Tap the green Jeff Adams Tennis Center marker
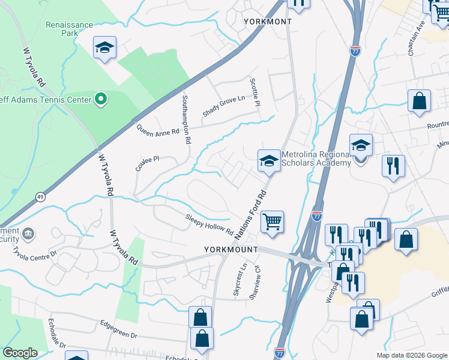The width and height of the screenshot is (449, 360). coord(101,99)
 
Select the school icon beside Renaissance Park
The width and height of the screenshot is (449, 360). coord(104,49)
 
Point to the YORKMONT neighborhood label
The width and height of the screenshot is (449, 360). coord(268,22)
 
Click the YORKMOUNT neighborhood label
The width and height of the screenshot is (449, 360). coord(231,249)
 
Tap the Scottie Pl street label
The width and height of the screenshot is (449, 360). coord(255,92)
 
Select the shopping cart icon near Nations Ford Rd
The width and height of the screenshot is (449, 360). coord(272,222)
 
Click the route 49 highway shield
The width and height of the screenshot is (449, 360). coord(40,196)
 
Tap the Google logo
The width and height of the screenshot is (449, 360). coord(20,353)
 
